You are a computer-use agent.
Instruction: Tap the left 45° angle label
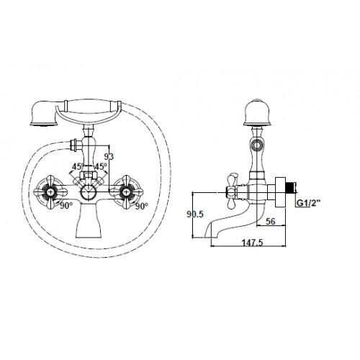[77, 168]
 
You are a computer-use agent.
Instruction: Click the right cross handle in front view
[130, 191]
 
